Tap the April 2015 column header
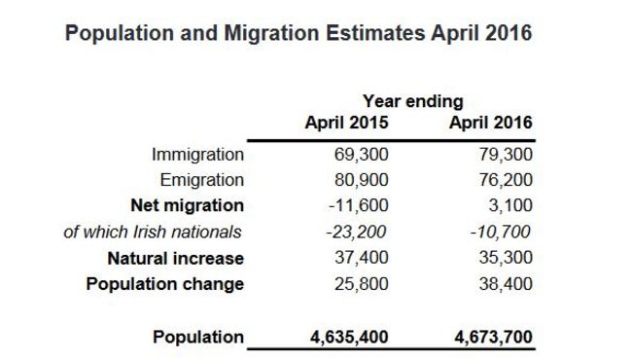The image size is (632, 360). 346,124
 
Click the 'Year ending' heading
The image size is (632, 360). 413,100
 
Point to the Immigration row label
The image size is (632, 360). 198,154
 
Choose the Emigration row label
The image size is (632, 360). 202,180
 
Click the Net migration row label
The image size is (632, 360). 187,206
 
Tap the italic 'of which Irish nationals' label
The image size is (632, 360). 153,233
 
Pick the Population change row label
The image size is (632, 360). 165,285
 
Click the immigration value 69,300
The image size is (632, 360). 362,154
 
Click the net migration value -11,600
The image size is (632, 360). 360,206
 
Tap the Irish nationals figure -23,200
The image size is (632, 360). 360,233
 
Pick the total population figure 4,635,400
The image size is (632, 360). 347,338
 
